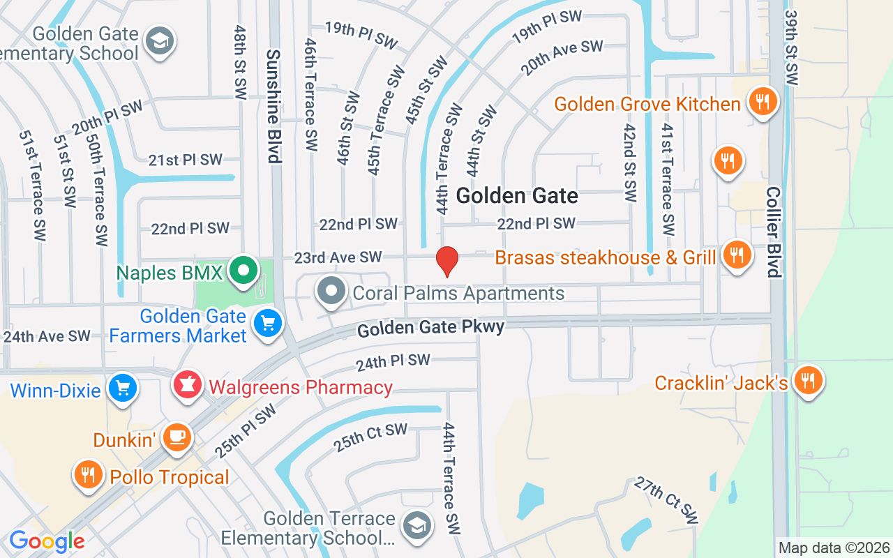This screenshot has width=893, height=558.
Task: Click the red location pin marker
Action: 446,261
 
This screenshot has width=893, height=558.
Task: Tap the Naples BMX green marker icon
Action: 243,271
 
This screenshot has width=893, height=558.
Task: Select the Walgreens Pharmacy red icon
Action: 188,386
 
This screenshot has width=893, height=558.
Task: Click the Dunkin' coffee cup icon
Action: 177,437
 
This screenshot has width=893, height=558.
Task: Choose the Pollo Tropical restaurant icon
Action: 88,476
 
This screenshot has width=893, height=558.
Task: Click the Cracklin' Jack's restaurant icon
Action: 808,381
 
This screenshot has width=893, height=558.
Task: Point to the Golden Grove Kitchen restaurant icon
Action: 762,103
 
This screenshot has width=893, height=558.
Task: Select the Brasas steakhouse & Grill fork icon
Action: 735,255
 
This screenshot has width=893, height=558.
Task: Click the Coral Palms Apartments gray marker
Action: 331,292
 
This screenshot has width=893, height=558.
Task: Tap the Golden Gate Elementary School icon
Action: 160,41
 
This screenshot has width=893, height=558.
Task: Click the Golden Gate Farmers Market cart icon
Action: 267,324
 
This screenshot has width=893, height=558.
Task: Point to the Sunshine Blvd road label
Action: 273,105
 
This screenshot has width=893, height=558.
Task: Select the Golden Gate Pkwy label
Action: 430,328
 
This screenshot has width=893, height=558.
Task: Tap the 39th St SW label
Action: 792,47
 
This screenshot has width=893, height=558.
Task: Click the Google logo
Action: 47,541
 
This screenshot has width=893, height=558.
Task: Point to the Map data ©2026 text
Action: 834,548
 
